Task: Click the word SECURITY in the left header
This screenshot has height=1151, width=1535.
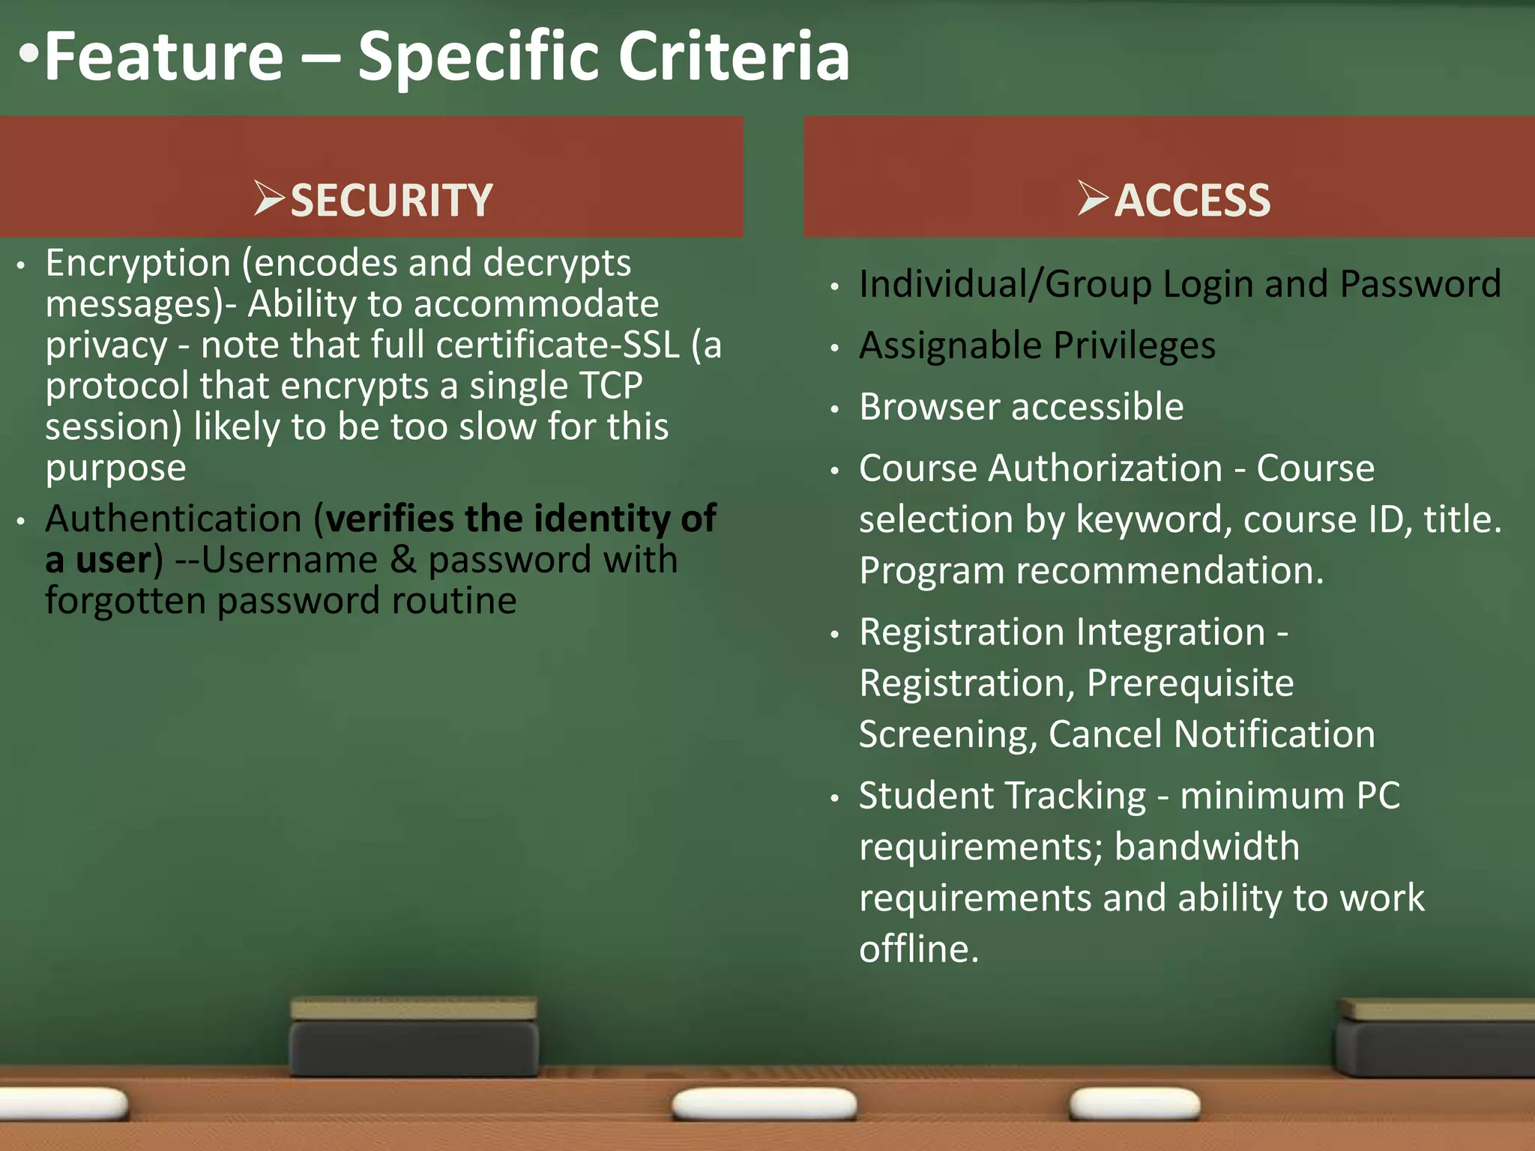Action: pyautogui.click(x=391, y=201)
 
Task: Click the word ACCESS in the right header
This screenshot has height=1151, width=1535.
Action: pyautogui.click(x=1192, y=201)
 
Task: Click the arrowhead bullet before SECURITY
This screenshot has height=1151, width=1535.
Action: pyautogui.click(x=268, y=199)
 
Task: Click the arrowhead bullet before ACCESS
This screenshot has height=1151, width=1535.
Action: pyautogui.click(x=1092, y=199)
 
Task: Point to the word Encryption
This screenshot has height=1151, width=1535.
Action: pyautogui.click(x=138, y=264)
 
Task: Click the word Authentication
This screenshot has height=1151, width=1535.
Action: pyautogui.click(x=173, y=519)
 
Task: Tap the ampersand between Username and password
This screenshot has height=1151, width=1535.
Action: pyautogui.click(x=402, y=560)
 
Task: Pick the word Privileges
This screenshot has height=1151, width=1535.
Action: pyautogui.click(x=1134, y=346)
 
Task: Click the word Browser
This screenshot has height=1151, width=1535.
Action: pyautogui.click(x=929, y=407)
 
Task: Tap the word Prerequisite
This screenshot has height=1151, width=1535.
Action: pyautogui.click(x=1189, y=683)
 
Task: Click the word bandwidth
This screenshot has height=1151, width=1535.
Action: pyautogui.click(x=1207, y=848)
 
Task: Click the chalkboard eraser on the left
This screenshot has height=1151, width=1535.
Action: pyautogui.click(x=414, y=1038)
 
